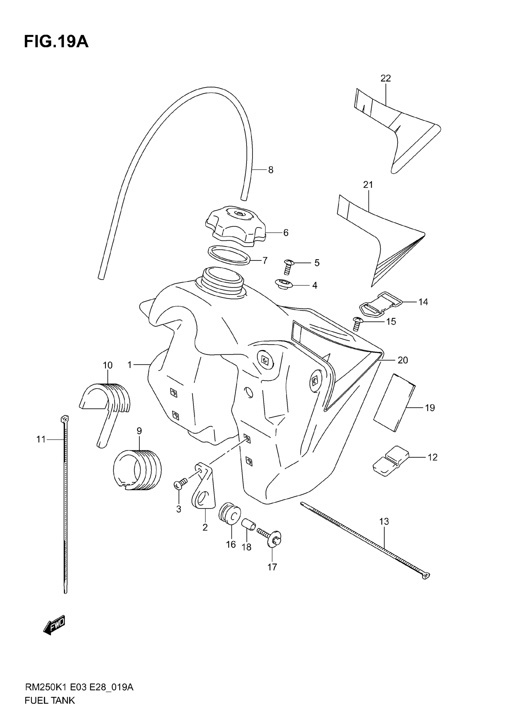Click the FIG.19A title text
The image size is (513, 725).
pyautogui.click(x=56, y=42)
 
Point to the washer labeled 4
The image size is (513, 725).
pyautogui.click(x=284, y=284)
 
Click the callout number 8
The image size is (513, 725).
pyautogui.click(x=270, y=170)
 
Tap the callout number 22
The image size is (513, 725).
pyautogui.click(x=385, y=78)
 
